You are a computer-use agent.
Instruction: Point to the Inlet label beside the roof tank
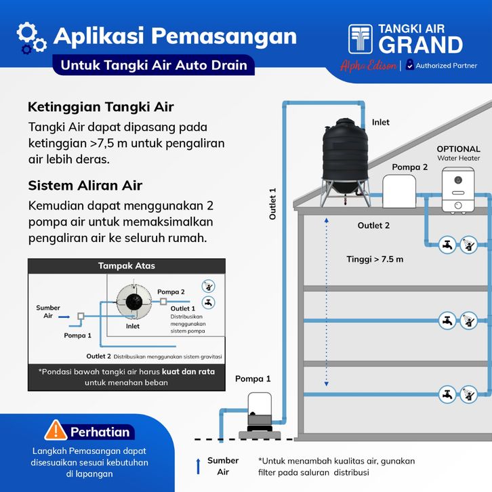(381, 123)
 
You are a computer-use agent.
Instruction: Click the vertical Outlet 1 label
(273, 203)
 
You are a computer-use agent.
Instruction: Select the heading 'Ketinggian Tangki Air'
(101, 107)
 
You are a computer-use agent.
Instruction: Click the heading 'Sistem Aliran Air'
(85, 185)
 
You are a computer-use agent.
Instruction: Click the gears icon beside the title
(30, 37)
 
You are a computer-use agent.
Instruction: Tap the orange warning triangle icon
(55, 430)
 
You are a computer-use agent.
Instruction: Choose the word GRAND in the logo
(420, 45)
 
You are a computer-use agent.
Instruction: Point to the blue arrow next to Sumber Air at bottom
(198, 466)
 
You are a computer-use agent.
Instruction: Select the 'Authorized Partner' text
(447, 66)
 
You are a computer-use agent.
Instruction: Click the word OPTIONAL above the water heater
(458, 149)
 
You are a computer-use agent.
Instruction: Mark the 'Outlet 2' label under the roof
(373, 226)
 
